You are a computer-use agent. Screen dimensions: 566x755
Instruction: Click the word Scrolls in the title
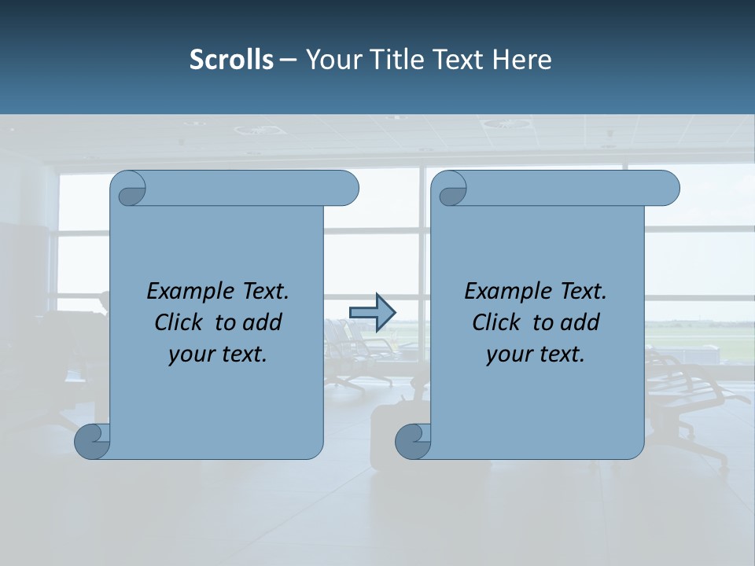click(x=231, y=60)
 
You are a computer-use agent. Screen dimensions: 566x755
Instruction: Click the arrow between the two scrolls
click(x=372, y=313)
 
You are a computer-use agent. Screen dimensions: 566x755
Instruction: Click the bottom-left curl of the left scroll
click(x=92, y=441)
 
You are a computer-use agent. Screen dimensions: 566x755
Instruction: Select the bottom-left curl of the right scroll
click(x=412, y=441)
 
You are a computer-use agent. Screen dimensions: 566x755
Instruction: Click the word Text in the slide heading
click(x=460, y=60)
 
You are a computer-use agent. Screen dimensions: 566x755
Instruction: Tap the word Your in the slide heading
click(x=330, y=60)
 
